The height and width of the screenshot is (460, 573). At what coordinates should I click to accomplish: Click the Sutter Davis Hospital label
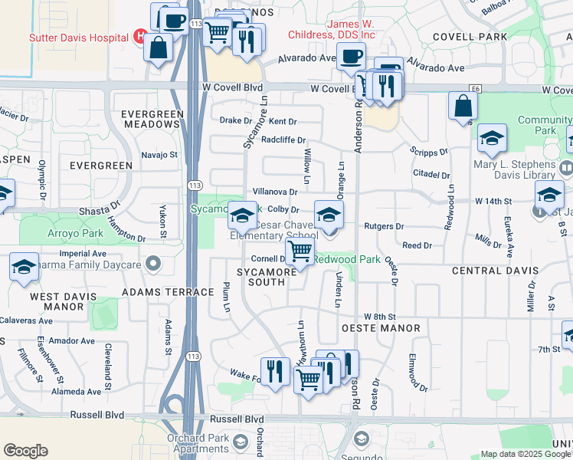coord(78,37)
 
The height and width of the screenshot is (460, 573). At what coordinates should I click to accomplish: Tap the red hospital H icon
coord(139,35)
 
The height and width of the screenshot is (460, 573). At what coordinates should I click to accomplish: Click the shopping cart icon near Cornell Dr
coord(300,250)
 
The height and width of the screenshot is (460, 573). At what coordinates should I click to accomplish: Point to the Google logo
coord(25,451)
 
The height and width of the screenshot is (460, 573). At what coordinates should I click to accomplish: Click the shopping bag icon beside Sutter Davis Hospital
coord(159,48)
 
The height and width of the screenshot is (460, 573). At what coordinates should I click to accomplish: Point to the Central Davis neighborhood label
coord(496,271)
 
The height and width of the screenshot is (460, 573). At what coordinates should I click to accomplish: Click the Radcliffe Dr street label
coord(283,140)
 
